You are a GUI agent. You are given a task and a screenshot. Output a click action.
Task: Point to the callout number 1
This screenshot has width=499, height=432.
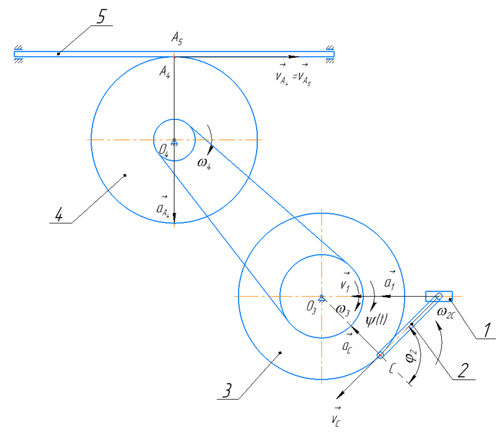[x=488, y=328]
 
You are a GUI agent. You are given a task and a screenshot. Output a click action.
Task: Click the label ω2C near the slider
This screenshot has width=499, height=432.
[x=446, y=311]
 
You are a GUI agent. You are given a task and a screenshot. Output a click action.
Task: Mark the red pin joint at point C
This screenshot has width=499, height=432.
[x=381, y=355]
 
